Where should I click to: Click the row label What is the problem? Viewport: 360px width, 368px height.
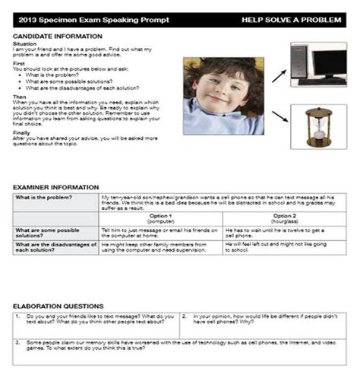[x=43, y=198]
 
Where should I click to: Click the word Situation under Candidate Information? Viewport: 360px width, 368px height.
[x=24, y=44]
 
